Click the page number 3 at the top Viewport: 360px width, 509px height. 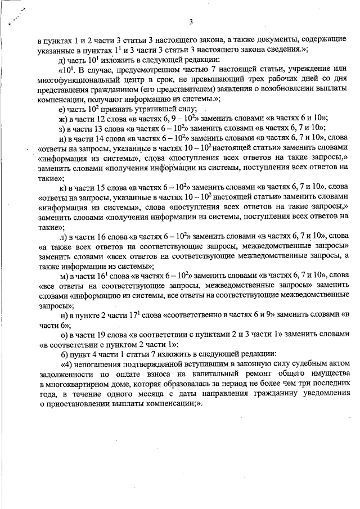coord(191,22)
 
